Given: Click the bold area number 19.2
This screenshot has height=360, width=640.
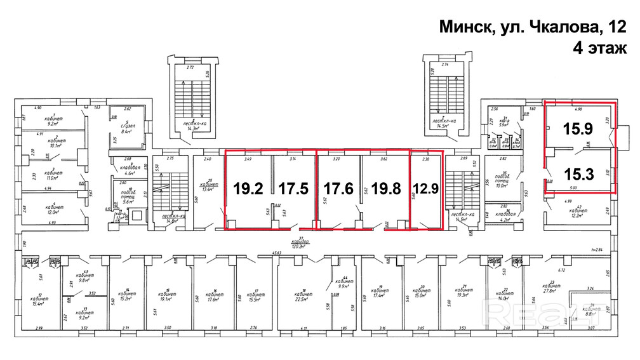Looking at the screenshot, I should point(248,189).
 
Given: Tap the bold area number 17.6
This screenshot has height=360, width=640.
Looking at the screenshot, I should point(337,189).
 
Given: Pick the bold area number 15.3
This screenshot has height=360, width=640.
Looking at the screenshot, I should point(578,172).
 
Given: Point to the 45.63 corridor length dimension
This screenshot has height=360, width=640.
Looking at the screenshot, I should point(277,253).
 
